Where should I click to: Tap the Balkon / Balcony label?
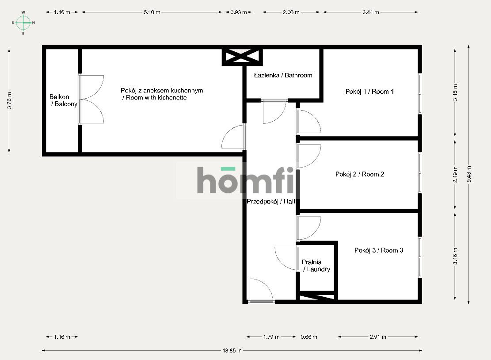click(x=64, y=100)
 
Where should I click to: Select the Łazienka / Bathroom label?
click(x=283, y=75)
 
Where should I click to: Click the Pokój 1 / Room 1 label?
click(x=369, y=92)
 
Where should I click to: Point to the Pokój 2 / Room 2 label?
click(x=360, y=174)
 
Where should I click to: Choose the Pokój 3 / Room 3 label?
click(x=379, y=250)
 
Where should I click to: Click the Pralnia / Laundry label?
click(x=316, y=265)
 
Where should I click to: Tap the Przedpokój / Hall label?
click(x=270, y=201)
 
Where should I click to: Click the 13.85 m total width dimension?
click(x=232, y=351)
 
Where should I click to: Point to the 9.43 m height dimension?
click(x=469, y=174)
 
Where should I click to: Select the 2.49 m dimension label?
click(x=455, y=174)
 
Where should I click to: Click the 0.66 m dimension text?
click(x=308, y=337)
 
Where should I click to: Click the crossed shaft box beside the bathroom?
click(x=242, y=57)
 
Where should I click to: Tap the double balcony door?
click(x=91, y=99)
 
